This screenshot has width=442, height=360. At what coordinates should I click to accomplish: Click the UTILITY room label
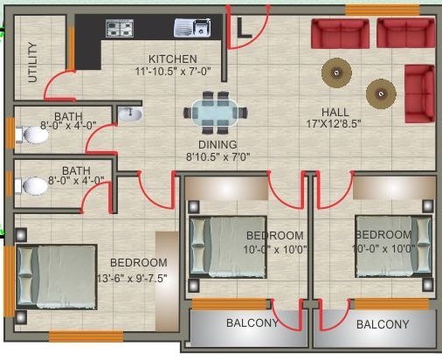[x=32, y=62]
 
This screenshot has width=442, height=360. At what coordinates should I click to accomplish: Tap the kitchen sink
[x=192, y=28]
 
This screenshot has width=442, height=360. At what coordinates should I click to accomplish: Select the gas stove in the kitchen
[x=120, y=28]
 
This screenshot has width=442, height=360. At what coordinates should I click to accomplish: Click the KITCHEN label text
[x=173, y=59]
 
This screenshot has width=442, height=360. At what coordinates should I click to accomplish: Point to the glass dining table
[x=215, y=113]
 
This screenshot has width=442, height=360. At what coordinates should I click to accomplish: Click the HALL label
[x=335, y=112]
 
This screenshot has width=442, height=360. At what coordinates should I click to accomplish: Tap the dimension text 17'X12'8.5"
[x=334, y=124]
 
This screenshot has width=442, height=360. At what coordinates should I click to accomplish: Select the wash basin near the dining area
[x=130, y=114]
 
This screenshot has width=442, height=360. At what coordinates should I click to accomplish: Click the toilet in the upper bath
[x=32, y=135]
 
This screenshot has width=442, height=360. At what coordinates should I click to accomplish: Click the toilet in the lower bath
[x=31, y=186]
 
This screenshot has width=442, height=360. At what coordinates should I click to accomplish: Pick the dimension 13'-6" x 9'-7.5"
[x=132, y=279]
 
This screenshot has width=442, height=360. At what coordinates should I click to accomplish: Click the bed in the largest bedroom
[x=57, y=277]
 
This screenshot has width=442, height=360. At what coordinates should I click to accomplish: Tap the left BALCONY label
[x=252, y=323]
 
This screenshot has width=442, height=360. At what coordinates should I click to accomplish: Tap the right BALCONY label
[x=383, y=324]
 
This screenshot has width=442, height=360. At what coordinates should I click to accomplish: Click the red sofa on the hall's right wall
[x=419, y=93]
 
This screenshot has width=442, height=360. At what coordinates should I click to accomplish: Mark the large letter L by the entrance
[x=244, y=28]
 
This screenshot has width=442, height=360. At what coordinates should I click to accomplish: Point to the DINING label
[x=218, y=145]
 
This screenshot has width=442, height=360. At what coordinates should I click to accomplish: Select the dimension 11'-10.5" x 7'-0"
[x=173, y=72]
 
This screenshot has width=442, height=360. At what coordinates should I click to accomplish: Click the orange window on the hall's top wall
[x=383, y=10]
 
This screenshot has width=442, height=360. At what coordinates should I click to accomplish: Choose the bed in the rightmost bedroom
[x=393, y=246]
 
